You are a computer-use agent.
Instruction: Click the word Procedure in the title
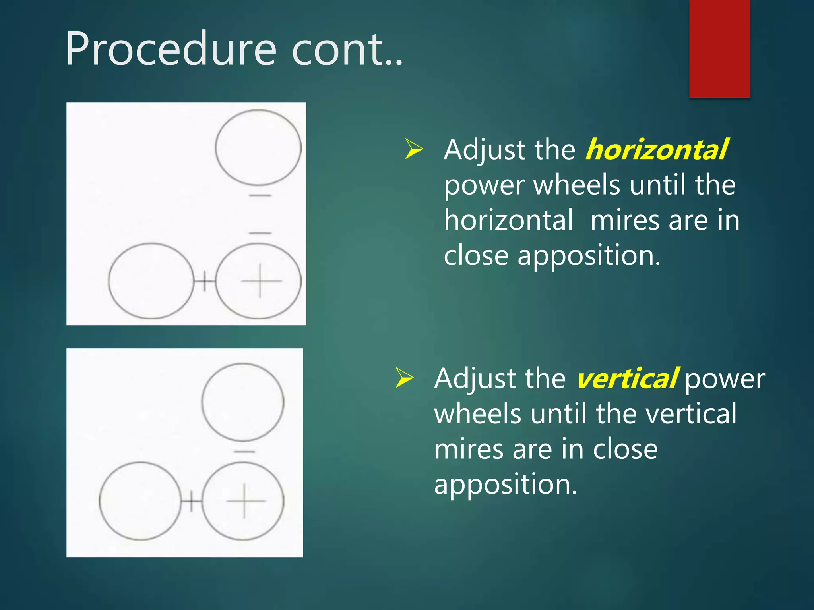pyautogui.click(x=171, y=50)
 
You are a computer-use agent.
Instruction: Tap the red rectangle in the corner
pyautogui.click(x=719, y=48)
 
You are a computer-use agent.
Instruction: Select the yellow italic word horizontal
pyautogui.click(x=657, y=150)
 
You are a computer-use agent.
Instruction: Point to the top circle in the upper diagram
pyautogui.click(x=258, y=147)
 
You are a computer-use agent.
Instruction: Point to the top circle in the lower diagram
pyautogui.click(x=243, y=402)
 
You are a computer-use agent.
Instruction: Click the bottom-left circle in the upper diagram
pyautogui.click(x=151, y=281)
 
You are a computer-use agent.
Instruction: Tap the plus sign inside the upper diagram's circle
pyautogui.click(x=260, y=281)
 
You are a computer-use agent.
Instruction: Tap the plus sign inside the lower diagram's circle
pyautogui.click(x=244, y=501)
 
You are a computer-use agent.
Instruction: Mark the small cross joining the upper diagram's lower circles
pyautogui.click(x=204, y=281)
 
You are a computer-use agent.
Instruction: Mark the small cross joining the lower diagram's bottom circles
pyautogui.click(x=192, y=501)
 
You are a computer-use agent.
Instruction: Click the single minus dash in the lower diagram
pyautogui.click(x=244, y=452)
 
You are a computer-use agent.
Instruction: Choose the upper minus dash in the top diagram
pyautogui.click(x=260, y=195)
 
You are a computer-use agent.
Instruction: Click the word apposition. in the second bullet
pyautogui.click(x=505, y=485)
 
